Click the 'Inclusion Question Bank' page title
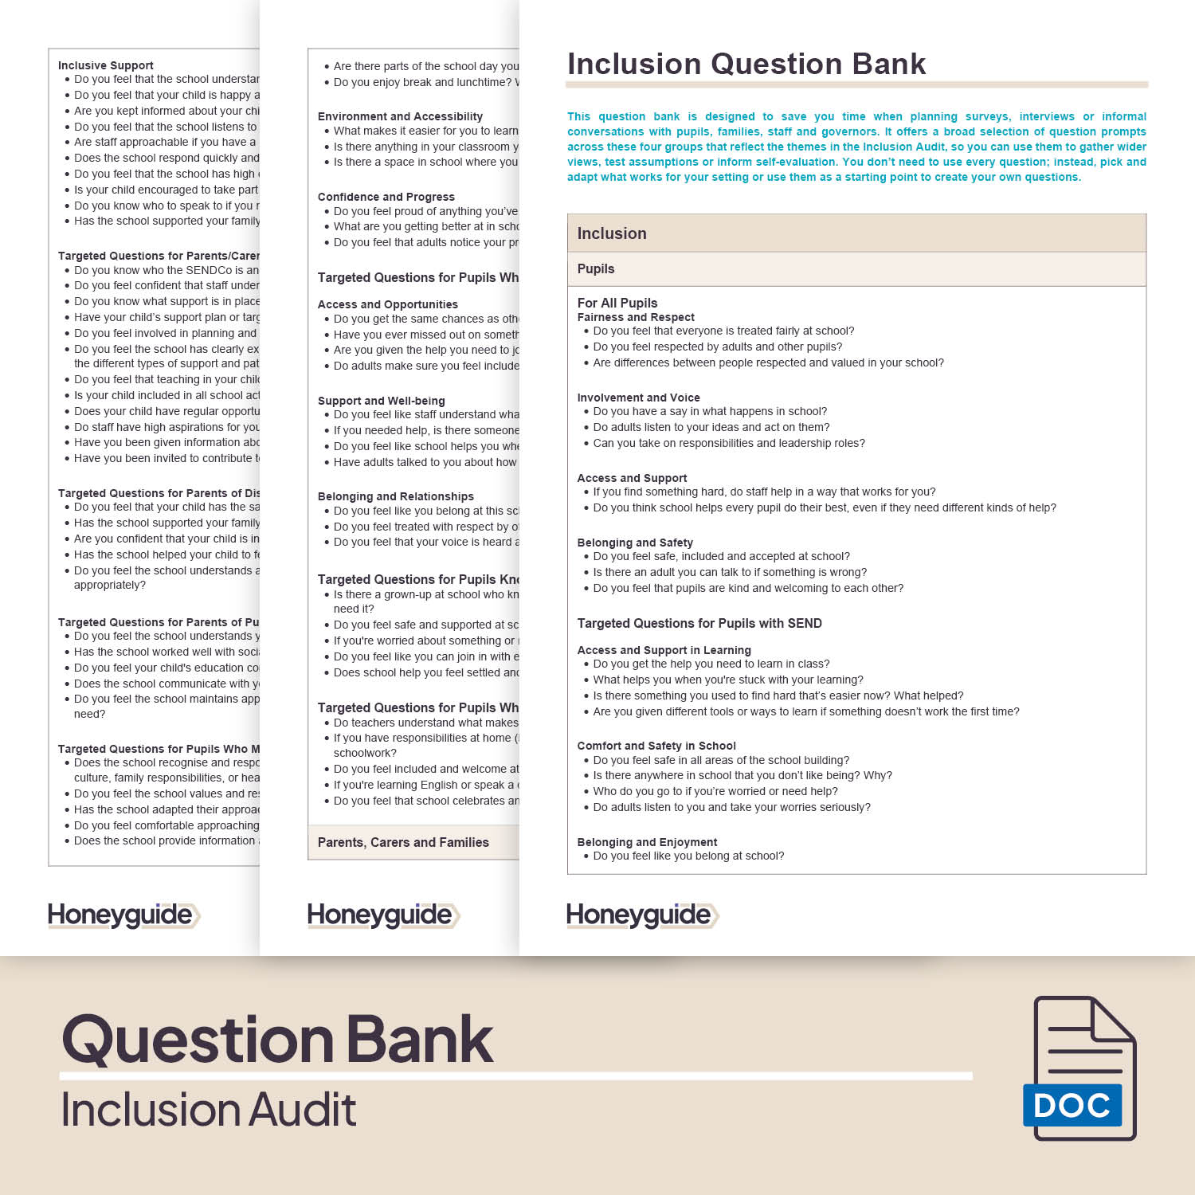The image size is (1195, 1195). click(746, 64)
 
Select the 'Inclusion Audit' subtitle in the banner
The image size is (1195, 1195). click(209, 1110)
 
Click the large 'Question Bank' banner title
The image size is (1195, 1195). click(277, 1040)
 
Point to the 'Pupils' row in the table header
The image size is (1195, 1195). click(596, 269)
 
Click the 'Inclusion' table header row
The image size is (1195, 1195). click(612, 233)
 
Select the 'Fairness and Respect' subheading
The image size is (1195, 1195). click(636, 317)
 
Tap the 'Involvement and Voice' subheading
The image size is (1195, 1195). click(638, 398)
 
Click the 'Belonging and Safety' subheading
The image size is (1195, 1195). click(635, 543)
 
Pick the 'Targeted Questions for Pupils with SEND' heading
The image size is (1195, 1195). click(699, 623)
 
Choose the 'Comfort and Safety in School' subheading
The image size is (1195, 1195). click(656, 746)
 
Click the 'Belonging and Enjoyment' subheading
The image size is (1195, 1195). click(647, 842)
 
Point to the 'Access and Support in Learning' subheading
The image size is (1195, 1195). click(664, 650)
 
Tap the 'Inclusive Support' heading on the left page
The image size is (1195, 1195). click(106, 65)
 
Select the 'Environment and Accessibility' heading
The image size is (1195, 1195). click(400, 116)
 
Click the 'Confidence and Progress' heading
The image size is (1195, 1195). click(386, 197)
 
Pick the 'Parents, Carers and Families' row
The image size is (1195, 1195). click(403, 842)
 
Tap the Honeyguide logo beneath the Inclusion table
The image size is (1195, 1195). click(642, 915)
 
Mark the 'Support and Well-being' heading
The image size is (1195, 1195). click(381, 401)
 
